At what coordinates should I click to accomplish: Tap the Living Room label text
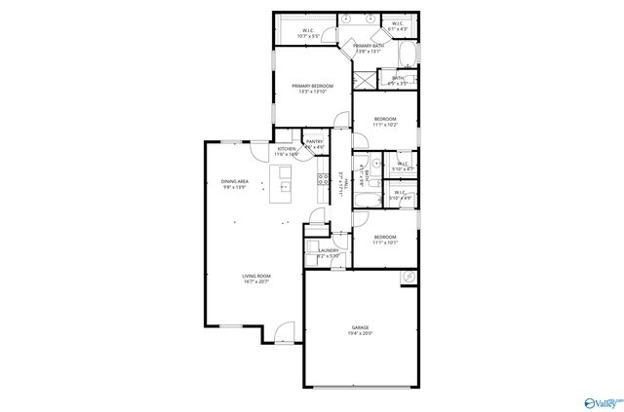tap(256, 276)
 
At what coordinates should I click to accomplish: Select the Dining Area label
tap(234, 181)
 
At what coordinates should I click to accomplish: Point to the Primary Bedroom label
tap(313, 86)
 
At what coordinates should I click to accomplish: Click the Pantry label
tap(314, 142)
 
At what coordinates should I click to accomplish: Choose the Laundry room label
tap(328, 250)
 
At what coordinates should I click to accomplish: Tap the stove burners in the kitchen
tap(321, 178)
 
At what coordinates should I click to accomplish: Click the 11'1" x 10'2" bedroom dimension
tap(385, 125)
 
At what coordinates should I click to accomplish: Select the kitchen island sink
tap(286, 186)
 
